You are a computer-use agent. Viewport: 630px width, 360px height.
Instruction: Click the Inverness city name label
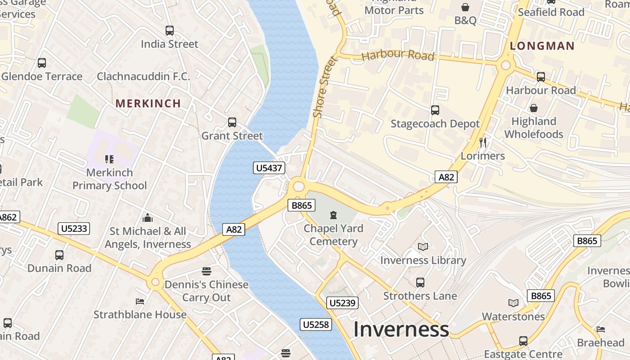pos(401,329)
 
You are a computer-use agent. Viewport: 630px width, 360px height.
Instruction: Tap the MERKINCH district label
pos(148,103)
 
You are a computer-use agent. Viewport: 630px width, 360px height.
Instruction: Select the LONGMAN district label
pos(542,46)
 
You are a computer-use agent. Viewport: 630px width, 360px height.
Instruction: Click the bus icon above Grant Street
pos(232,122)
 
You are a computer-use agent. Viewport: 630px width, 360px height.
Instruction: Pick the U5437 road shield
pos(269,168)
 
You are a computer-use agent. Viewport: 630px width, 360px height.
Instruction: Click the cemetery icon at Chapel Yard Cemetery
pos(333,215)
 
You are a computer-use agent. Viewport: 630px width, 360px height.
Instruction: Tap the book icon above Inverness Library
pos(423,247)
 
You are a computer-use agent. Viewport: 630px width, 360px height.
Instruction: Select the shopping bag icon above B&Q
pos(465,7)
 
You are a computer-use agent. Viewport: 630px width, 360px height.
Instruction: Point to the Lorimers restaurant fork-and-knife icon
pos(483,143)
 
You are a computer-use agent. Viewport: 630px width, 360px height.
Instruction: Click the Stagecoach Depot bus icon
pos(435,110)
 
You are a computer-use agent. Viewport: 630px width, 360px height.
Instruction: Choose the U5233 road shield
pos(74,229)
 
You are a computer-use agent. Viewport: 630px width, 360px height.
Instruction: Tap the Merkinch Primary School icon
pos(109,159)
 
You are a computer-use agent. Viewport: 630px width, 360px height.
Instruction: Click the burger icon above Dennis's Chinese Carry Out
pos(207,271)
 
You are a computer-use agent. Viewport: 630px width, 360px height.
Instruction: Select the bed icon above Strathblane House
pos(140,301)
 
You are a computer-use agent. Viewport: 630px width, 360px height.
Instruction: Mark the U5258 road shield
pos(316,324)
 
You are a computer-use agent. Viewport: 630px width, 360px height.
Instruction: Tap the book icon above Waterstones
pos(513,303)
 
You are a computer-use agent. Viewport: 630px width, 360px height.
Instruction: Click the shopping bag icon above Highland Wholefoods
pos(534,108)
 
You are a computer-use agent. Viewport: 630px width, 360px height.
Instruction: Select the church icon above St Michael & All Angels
pos(148,218)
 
